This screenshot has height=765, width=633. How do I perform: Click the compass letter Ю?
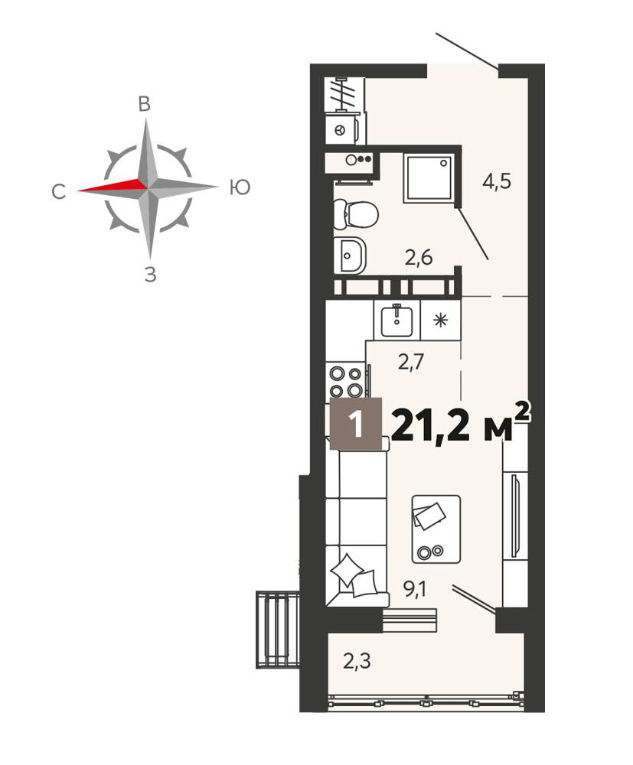coord(240,187)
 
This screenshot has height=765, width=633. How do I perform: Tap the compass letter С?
coord(59,192)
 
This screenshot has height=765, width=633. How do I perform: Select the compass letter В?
coord(144,104)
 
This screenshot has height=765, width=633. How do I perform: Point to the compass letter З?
coord(151,275)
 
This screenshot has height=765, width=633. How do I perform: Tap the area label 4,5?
coord(496,182)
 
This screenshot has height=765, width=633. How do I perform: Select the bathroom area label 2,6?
coord(419,258)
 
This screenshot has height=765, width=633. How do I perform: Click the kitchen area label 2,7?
coord(411,363)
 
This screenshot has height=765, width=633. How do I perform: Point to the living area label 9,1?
coord(414,591)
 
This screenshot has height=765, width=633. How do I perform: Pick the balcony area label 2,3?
coord(357,662)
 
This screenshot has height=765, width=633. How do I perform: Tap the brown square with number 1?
coord(356,424)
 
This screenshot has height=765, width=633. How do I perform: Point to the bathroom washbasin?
coord(350,256)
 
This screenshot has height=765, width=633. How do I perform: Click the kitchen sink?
coord(396,320)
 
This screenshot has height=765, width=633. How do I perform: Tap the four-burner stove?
coord(346,381)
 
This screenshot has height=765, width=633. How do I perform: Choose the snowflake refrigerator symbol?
coord(441,320)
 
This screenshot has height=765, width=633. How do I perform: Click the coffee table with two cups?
coord(436,529)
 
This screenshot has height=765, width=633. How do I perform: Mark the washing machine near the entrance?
coord(344,129)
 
